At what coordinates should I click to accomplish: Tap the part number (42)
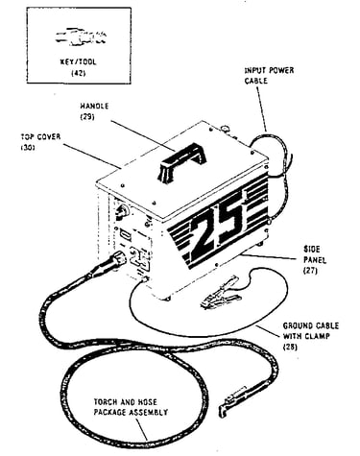tap(78, 73)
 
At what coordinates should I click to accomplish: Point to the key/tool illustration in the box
tap(81, 37)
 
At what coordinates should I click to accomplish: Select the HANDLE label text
tap(94, 106)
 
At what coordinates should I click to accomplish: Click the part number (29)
tap(86, 116)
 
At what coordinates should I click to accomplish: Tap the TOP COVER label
tap(40, 137)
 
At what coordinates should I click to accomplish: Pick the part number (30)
tap(28, 148)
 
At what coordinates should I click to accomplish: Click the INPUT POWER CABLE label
tap(269, 76)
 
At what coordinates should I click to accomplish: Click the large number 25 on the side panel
tap(218, 229)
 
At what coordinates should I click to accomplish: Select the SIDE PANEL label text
tap(314, 254)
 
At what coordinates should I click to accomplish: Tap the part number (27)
tap(310, 271)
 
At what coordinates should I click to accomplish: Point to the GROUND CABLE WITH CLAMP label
tap(310, 331)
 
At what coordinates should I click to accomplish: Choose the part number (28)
tap(290, 347)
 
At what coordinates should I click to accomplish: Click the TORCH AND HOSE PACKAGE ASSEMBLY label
tap(131, 407)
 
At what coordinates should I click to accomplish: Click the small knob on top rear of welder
tap(226, 129)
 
